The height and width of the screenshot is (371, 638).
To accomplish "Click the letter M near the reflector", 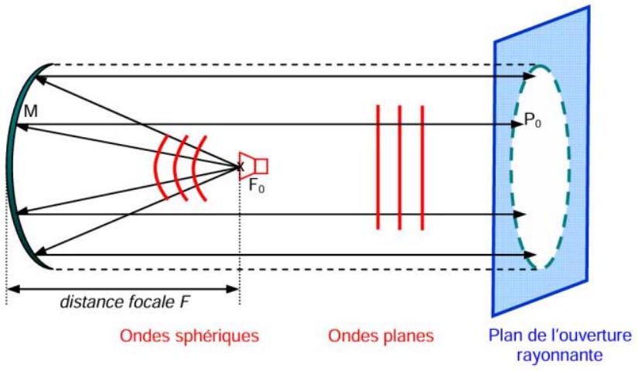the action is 31,111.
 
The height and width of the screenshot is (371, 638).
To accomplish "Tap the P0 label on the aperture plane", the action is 533,120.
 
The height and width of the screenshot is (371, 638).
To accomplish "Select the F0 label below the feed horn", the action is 256,186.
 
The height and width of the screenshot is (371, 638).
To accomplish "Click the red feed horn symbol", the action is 254,166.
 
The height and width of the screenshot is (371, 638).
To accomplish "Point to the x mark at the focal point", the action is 240,166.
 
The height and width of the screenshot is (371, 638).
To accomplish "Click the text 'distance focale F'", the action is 125,302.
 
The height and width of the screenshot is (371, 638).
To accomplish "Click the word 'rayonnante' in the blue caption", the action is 559,355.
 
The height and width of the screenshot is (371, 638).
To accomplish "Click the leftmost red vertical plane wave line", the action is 378,167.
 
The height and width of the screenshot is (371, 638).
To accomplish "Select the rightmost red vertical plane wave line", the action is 422,167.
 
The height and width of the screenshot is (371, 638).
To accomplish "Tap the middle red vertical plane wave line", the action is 400,167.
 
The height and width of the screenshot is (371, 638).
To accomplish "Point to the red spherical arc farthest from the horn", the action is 155,167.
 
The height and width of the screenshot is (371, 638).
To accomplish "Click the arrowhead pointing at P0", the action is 517,125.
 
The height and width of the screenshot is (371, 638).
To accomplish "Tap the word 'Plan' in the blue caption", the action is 504,335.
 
